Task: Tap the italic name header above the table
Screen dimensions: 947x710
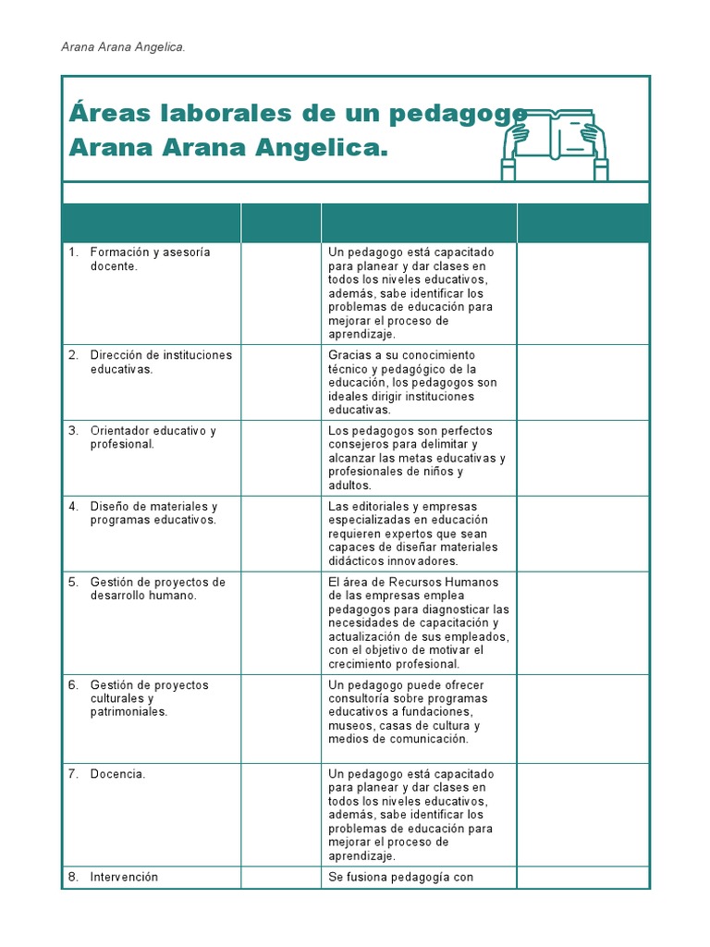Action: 122,47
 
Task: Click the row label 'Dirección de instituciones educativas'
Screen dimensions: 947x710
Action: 160,362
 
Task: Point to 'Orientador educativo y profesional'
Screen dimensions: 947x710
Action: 153,437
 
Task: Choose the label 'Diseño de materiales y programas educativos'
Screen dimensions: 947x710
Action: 153,512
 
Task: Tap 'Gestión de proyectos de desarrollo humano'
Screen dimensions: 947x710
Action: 157,588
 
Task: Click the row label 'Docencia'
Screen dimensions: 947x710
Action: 117,774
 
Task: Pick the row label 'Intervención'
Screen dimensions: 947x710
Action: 124,877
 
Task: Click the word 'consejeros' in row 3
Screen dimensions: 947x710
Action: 360,444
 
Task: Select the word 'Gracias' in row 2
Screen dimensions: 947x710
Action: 350,355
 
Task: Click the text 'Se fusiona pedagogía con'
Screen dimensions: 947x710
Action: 400,877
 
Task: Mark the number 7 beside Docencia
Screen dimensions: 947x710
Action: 73,774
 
